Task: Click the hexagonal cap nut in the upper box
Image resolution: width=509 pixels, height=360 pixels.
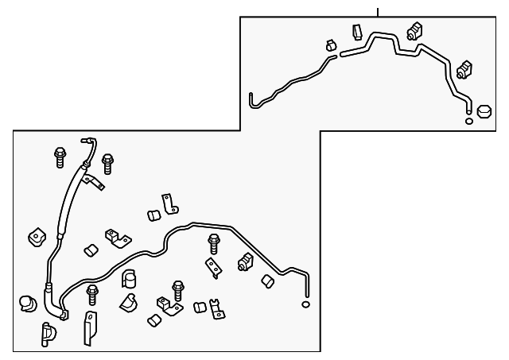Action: pyautogui.click(x=484, y=110)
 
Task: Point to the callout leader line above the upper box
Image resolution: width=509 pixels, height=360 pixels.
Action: pyautogui.click(x=378, y=10)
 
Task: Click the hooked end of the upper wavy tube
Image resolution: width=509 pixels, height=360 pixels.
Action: pyautogui.click(x=251, y=100)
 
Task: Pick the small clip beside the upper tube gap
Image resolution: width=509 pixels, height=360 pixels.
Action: pyautogui.click(x=328, y=47)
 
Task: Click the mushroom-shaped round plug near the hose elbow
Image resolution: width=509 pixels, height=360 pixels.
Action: pyautogui.click(x=28, y=302)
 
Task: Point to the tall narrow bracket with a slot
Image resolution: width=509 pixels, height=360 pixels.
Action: pyautogui.click(x=90, y=327)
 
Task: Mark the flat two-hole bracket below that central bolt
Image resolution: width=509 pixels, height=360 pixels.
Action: pyautogui.click(x=213, y=268)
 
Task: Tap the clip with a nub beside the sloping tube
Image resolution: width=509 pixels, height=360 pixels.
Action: pyautogui.click(x=245, y=262)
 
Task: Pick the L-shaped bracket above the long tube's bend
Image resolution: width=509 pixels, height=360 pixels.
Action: pyautogui.click(x=169, y=203)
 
